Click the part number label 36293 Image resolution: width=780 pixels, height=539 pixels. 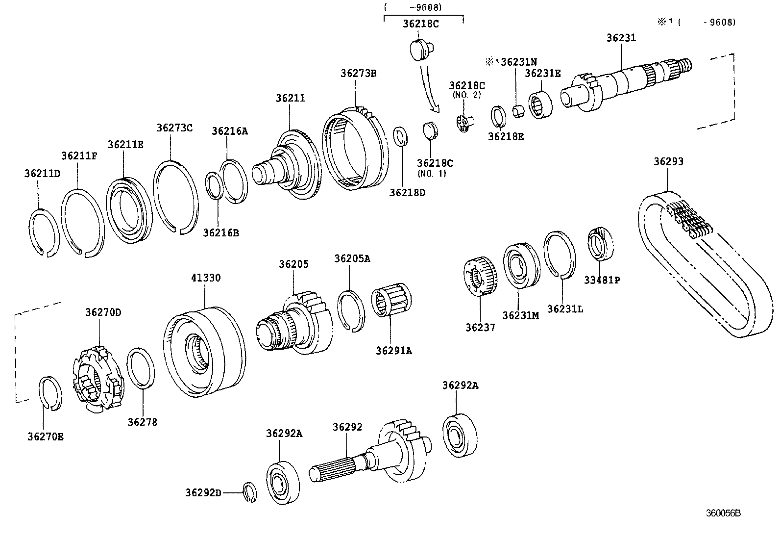668,162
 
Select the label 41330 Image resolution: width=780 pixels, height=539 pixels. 206,278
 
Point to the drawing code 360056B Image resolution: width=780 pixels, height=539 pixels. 723,513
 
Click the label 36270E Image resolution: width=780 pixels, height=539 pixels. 45,436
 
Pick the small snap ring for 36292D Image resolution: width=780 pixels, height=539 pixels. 250,492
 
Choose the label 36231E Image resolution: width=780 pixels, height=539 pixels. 542,73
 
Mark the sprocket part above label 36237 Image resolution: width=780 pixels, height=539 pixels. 481,278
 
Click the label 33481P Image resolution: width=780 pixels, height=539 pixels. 602,280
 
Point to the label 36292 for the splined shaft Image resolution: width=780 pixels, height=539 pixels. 347,427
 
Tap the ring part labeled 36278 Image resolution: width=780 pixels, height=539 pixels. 141,368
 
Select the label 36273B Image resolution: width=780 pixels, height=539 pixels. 358,74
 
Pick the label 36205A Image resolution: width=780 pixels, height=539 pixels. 352,258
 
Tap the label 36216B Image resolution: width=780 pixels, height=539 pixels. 221,232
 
